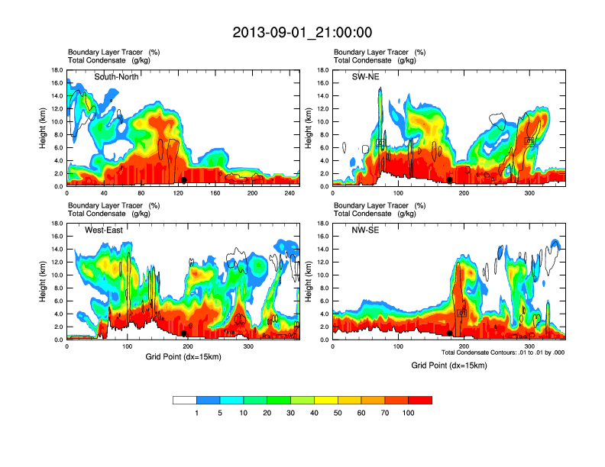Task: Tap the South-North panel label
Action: click(116, 77)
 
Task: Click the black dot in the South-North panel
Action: click(184, 179)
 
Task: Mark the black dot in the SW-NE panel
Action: click(450, 179)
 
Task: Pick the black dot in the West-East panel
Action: click(184, 333)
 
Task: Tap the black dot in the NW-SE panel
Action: click(450, 333)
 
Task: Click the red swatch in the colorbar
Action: click(420, 400)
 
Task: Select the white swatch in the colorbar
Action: click(185, 400)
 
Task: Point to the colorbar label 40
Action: click(314, 413)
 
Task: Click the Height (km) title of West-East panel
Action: click(44, 282)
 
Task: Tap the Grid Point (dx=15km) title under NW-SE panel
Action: click(448, 366)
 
